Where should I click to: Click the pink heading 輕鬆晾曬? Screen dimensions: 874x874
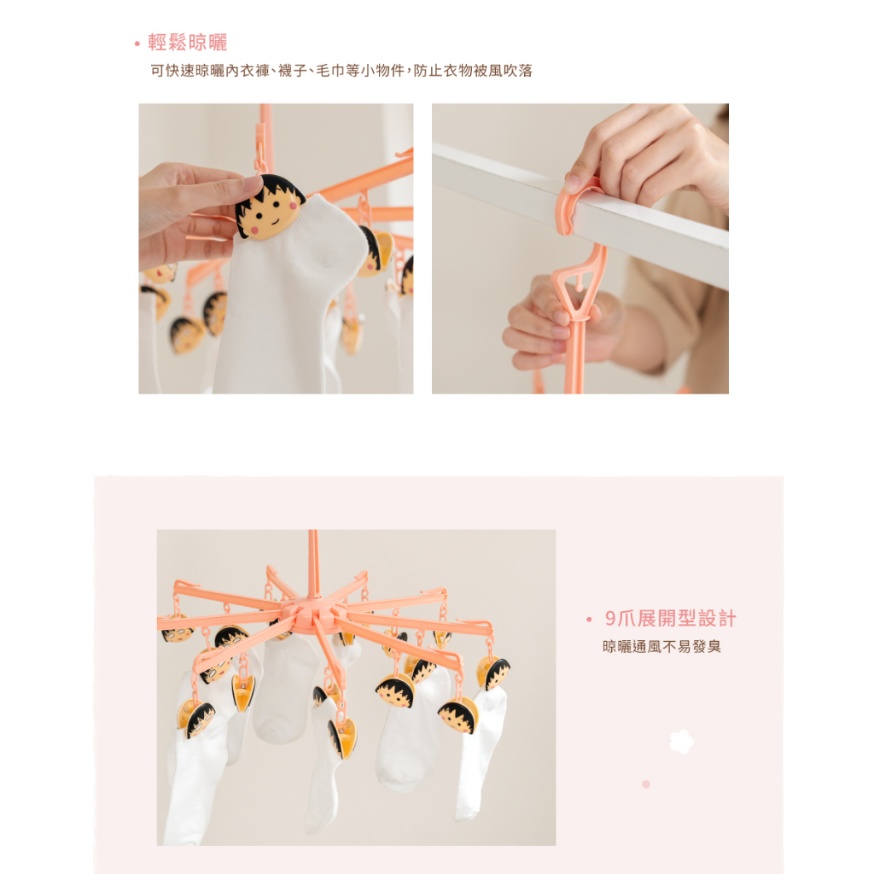pyautogui.click(x=187, y=43)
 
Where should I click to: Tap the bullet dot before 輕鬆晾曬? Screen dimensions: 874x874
pyautogui.click(x=137, y=44)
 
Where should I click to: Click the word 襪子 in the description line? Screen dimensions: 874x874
pyautogui.click(x=293, y=71)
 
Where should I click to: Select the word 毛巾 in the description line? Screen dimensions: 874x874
pyautogui.click(x=330, y=71)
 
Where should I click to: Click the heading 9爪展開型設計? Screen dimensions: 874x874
pyautogui.click(x=671, y=618)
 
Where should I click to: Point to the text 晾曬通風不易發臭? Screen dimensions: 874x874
pyautogui.click(x=661, y=647)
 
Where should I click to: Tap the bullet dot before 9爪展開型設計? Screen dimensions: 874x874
pyautogui.click(x=589, y=620)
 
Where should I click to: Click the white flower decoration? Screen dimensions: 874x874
pyautogui.click(x=681, y=742)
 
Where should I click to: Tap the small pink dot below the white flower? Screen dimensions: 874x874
pyautogui.click(x=646, y=784)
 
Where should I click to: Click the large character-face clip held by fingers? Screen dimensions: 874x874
pyautogui.click(x=269, y=207)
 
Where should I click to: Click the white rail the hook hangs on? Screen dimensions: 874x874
pyautogui.click(x=580, y=214)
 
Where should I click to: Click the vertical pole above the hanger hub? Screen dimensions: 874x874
pyautogui.click(x=313, y=563)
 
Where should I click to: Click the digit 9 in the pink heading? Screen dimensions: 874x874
pyautogui.click(x=611, y=619)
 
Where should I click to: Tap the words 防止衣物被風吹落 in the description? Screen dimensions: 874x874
pyautogui.click(x=473, y=71)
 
